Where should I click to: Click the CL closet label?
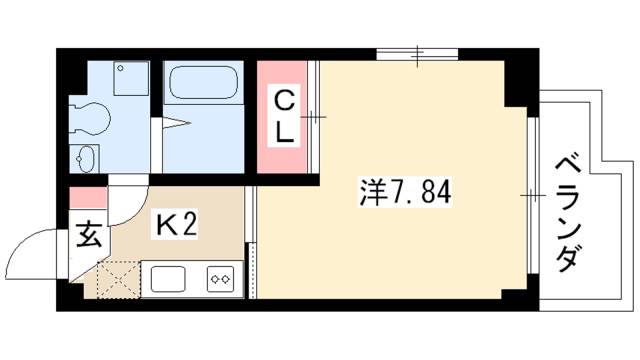285,116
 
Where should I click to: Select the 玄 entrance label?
88,237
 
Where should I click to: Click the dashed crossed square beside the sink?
119,279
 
